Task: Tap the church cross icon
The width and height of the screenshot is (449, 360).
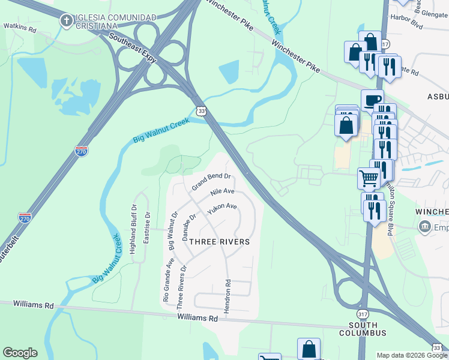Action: (67, 22)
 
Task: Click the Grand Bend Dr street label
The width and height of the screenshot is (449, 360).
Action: (211, 181)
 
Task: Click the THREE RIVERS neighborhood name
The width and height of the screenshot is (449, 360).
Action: (219, 242)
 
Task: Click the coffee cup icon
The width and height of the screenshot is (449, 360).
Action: (372, 98)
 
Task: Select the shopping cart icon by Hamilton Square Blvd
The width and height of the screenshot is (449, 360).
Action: (369, 177)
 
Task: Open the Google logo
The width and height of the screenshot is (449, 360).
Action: (20, 353)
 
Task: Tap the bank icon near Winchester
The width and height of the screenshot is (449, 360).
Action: (425, 226)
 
